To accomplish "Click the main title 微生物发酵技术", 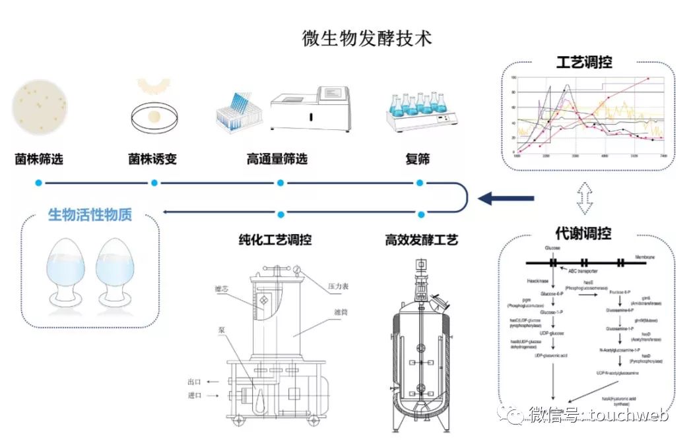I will [x=367, y=38].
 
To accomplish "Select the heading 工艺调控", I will [x=583, y=62].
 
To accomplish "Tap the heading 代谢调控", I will [x=583, y=233].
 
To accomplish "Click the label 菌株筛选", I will [x=39, y=159].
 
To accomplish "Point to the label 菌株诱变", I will [x=152, y=159].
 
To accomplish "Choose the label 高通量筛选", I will [x=277, y=159].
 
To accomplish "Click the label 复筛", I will [x=417, y=159].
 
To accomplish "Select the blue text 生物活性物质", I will [x=90, y=214].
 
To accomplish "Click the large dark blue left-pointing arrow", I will [x=506, y=197].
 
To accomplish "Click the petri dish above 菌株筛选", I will [x=39, y=107].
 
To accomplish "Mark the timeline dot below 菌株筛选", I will [x=39, y=183].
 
